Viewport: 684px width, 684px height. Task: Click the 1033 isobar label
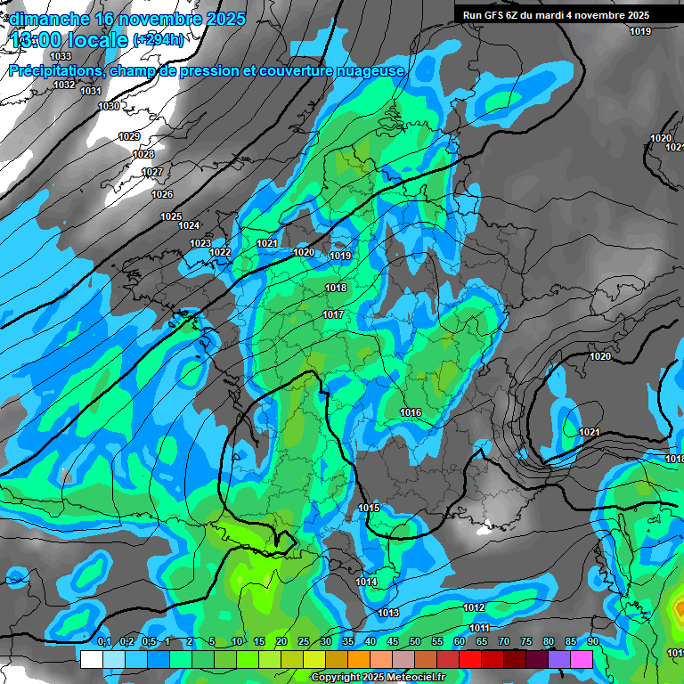click(61, 56)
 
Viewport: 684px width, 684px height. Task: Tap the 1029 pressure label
click(129, 136)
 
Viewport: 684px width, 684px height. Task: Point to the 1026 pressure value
click(162, 194)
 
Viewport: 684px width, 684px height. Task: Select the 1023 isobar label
click(200, 243)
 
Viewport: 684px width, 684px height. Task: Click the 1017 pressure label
click(333, 314)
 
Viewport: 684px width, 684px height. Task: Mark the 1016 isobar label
click(411, 412)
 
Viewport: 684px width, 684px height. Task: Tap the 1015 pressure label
click(370, 508)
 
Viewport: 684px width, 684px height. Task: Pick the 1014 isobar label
click(366, 582)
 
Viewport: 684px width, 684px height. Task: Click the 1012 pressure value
click(474, 607)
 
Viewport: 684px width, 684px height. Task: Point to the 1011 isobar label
click(479, 629)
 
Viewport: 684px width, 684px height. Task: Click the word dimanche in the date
click(50, 19)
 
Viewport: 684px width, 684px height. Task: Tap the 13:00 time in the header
click(37, 40)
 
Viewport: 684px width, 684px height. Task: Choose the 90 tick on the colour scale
click(592, 641)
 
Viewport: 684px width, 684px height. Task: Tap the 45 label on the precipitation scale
click(393, 641)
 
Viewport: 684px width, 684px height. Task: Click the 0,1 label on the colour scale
click(104, 641)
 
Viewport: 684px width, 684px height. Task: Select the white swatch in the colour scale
click(91, 659)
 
